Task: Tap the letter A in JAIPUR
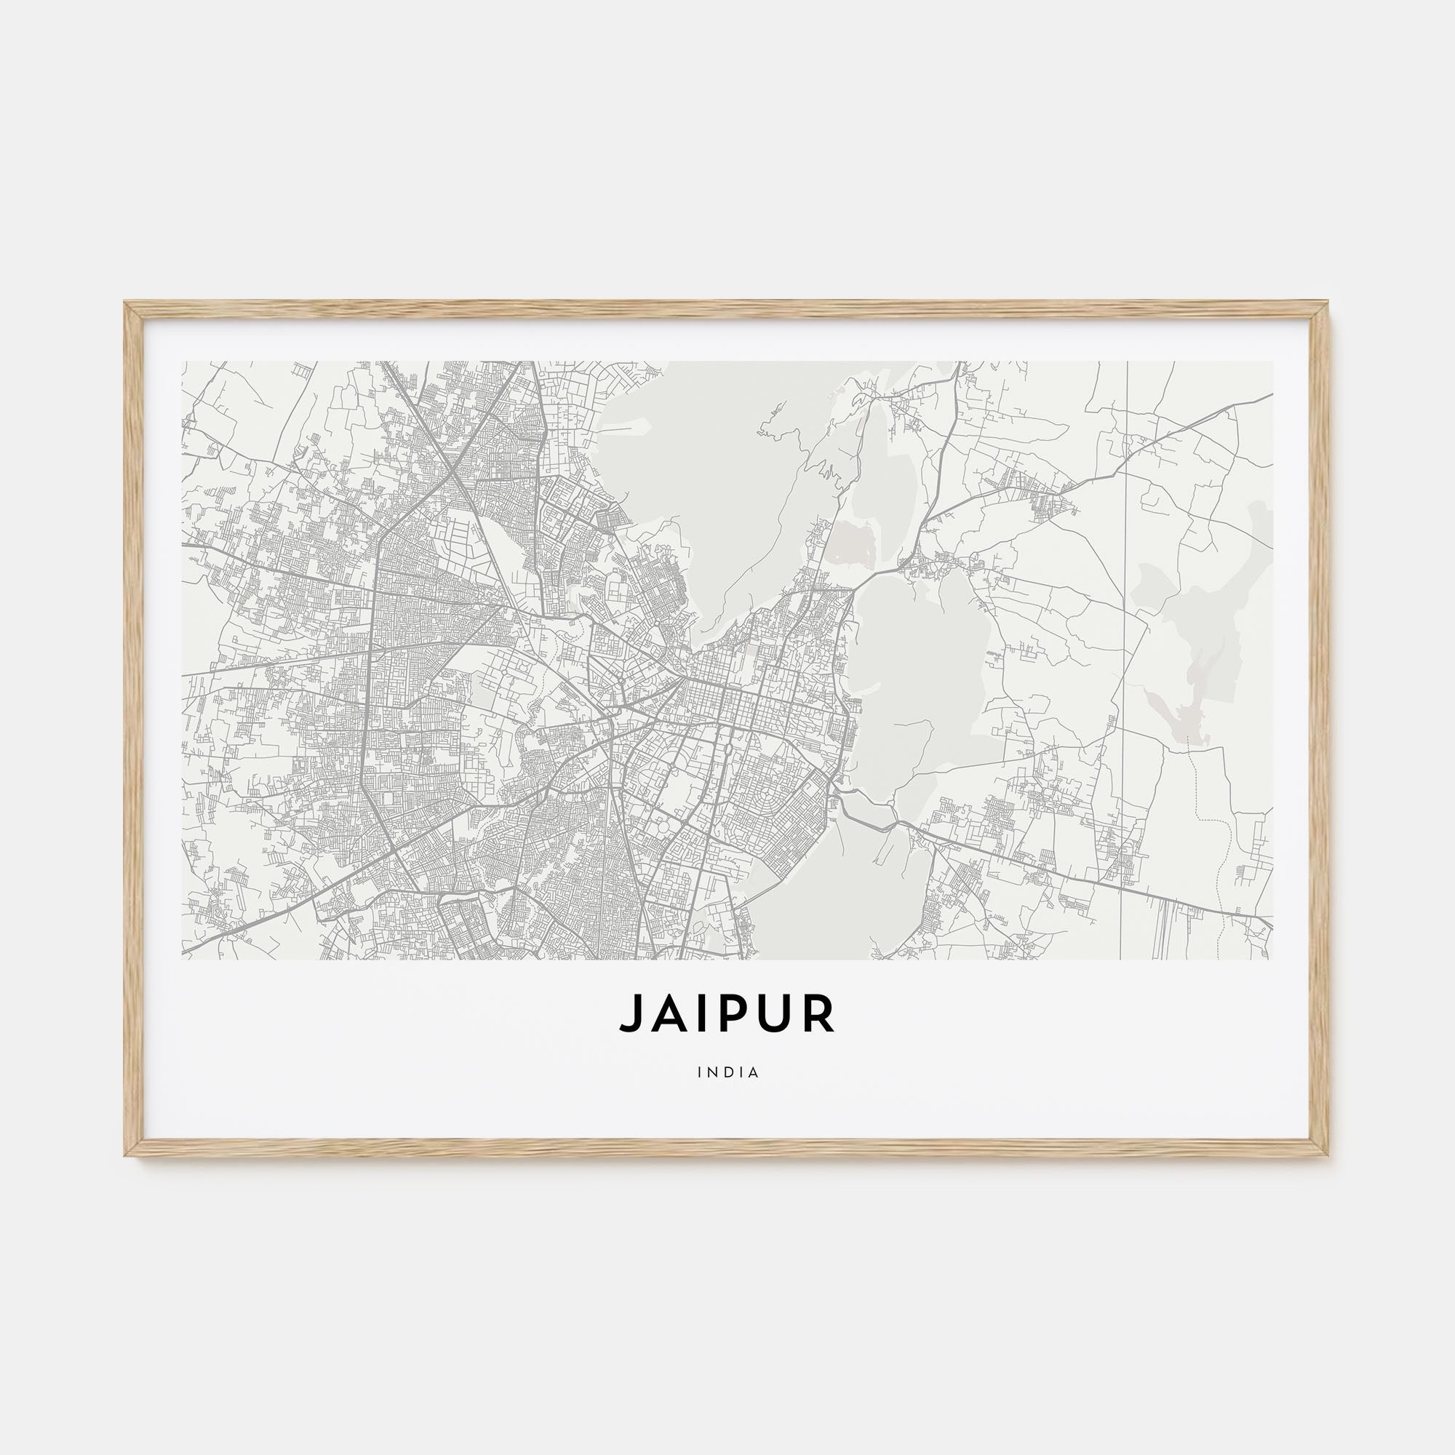coord(663,1013)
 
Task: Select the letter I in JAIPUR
coord(693,1013)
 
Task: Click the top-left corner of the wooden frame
coord(126,303)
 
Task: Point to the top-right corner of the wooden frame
coord(1329,303)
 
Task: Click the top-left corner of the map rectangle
coord(183,362)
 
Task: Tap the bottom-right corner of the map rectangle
coord(1272,959)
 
